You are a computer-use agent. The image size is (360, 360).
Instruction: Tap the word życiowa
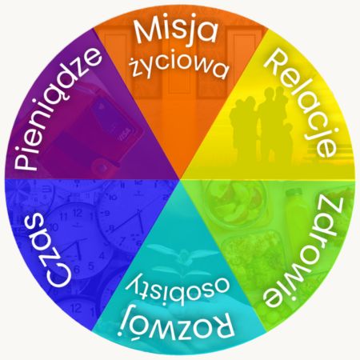click(179, 67)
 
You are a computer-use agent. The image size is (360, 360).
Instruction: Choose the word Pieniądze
click(57, 109)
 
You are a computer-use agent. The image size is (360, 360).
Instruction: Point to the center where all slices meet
click(180, 179)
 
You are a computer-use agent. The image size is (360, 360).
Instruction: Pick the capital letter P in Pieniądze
click(26, 159)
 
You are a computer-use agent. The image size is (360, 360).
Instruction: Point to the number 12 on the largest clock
click(78, 213)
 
